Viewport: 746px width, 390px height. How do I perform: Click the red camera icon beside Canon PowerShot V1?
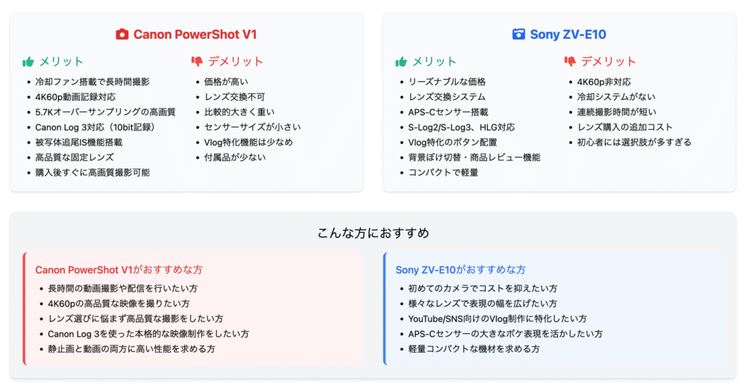pyautogui.click(x=122, y=34)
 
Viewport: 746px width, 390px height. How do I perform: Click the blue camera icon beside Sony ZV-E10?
pyautogui.click(x=518, y=34)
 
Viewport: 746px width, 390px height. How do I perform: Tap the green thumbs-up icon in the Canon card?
pyautogui.click(x=28, y=62)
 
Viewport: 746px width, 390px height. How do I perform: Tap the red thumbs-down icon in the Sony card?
pyautogui.click(x=570, y=61)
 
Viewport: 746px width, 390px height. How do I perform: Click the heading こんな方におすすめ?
pyautogui.click(x=373, y=233)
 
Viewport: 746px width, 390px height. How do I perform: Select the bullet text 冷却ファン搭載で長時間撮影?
pyautogui.click(x=93, y=82)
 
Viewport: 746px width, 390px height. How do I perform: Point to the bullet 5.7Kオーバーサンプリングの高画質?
pyautogui.click(x=105, y=113)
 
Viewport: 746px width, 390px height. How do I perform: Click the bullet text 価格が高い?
pyautogui.click(x=226, y=82)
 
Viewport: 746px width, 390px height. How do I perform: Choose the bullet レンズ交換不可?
pyautogui.click(x=234, y=97)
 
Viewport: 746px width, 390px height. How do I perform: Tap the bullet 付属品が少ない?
pyautogui.click(x=234, y=157)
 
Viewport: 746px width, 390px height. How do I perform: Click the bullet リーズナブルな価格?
pyautogui.click(x=447, y=82)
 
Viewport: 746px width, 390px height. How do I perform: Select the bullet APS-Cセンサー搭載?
pyautogui.click(x=448, y=113)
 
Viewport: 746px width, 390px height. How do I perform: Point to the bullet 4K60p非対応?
pyautogui.click(x=604, y=82)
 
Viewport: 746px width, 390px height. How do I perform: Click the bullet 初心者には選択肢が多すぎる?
pyautogui.click(x=634, y=142)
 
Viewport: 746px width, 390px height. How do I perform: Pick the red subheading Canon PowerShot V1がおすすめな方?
pyautogui.click(x=119, y=270)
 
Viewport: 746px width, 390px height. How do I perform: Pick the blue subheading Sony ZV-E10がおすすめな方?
pyautogui.click(x=460, y=270)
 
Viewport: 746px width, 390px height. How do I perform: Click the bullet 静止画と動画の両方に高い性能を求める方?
pyautogui.click(x=131, y=349)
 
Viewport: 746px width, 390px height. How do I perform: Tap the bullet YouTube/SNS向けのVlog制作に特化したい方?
pyautogui.click(x=498, y=318)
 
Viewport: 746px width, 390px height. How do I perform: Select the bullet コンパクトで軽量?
pyautogui.click(x=443, y=173)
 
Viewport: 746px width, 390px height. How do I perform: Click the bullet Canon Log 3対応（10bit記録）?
pyautogui.click(x=95, y=128)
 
